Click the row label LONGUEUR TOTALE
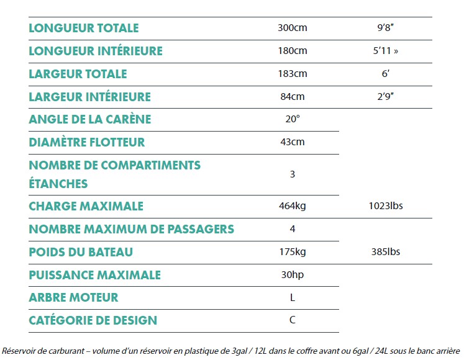click(84, 28)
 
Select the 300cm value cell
click(293, 28)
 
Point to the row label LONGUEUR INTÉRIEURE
click(96, 51)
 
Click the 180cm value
click(293, 51)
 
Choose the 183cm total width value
click(293, 74)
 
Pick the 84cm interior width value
click(293, 97)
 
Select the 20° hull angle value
click(293, 119)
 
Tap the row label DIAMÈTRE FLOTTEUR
click(87, 142)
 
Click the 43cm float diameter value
click(293, 142)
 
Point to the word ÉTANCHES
click(58, 184)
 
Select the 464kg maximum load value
click(293, 206)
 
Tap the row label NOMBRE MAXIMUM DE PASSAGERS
click(132, 229)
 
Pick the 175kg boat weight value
click(293, 252)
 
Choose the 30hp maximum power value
click(293, 275)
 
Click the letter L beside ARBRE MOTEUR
click(293, 298)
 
